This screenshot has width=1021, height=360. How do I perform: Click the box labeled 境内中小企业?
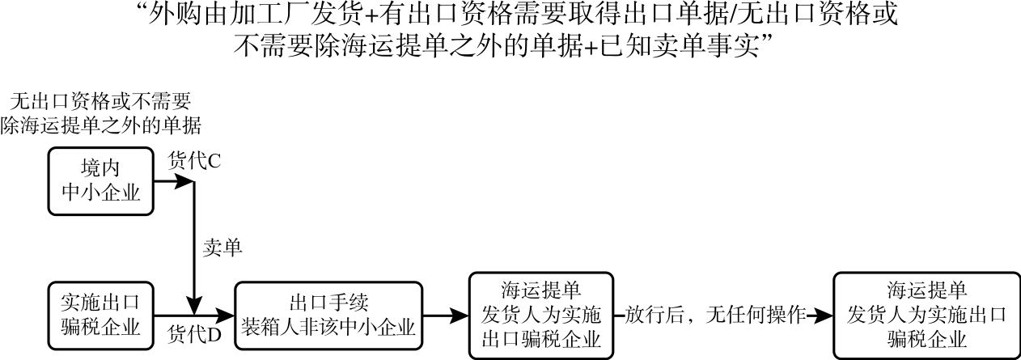101,180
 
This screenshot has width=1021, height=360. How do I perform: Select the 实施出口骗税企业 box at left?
101,315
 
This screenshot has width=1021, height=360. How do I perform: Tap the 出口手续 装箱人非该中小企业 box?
328,315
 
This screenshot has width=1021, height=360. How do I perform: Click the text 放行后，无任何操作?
716,315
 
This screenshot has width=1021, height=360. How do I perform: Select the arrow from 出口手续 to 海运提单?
445,315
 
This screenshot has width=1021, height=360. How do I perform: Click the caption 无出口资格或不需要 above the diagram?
100,102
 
